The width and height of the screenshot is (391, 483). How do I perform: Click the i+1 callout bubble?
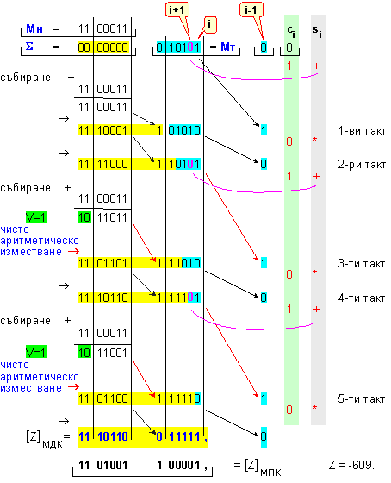[x=177, y=10]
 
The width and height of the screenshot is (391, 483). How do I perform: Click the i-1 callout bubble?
[x=251, y=10]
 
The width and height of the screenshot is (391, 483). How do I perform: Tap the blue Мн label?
[x=34, y=28]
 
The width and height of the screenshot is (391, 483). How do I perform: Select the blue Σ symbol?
[x=29, y=47]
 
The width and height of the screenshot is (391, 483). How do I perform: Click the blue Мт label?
[x=228, y=47]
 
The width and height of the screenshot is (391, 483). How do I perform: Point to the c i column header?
[x=291, y=31]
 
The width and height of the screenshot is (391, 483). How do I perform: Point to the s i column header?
[x=317, y=31]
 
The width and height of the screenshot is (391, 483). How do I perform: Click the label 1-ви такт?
[x=362, y=131]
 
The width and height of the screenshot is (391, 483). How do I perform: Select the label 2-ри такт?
[x=362, y=165]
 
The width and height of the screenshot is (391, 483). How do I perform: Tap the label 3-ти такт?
[x=362, y=264]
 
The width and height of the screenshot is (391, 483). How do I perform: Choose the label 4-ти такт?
[x=362, y=298]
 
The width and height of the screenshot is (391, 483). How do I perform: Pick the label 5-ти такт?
[x=362, y=399]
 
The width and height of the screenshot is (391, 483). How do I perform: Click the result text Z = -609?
[x=351, y=465]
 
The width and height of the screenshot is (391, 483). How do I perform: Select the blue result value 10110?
[x=112, y=436]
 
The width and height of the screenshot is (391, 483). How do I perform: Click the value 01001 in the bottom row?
[x=112, y=465]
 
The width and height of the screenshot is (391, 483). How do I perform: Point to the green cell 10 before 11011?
[x=84, y=217]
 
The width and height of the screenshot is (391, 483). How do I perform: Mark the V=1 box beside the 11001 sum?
[x=36, y=352]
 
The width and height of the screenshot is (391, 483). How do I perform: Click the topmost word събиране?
[x=25, y=78]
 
